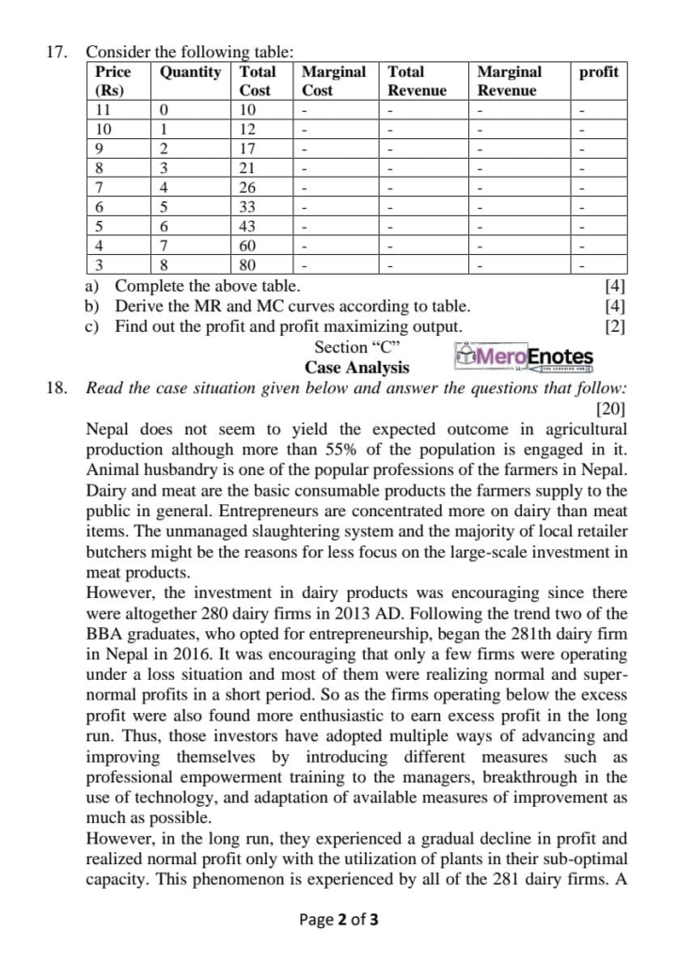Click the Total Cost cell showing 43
point(248,228)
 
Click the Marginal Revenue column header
point(509,81)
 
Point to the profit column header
point(598,72)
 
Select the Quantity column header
point(191,72)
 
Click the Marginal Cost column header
point(333,81)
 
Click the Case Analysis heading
point(356,368)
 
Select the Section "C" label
point(357,347)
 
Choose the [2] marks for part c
point(618,326)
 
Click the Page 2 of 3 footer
point(339,920)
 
